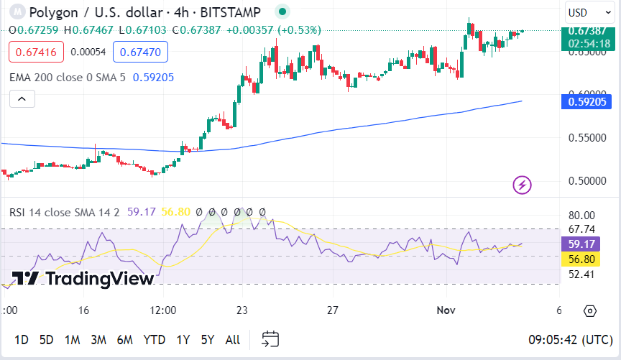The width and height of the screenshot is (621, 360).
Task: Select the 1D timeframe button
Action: tap(22, 339)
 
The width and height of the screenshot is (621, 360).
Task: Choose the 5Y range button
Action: tap(207, 339)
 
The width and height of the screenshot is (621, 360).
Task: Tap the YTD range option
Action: tap(154, 339)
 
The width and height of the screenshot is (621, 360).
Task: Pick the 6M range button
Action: tap(124, 339)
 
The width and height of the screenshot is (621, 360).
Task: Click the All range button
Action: tap(233, 339)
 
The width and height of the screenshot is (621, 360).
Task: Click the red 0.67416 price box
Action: tap(37, 52)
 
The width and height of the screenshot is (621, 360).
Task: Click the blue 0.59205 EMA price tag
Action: tap(588, 102)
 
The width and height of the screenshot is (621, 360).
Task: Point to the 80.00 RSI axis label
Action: tap(581, 215)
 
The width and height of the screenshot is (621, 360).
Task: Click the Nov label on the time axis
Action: tap(446, 310)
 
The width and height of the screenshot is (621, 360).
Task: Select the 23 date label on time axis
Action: tap(241, 310)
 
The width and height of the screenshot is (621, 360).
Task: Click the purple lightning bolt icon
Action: tap(522, 185)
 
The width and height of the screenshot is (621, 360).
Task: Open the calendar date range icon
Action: tap(270, 338)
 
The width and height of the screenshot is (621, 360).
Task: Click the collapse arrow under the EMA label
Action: tap(22, 99)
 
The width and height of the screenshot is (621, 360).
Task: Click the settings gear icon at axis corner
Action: tap(590, 311)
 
